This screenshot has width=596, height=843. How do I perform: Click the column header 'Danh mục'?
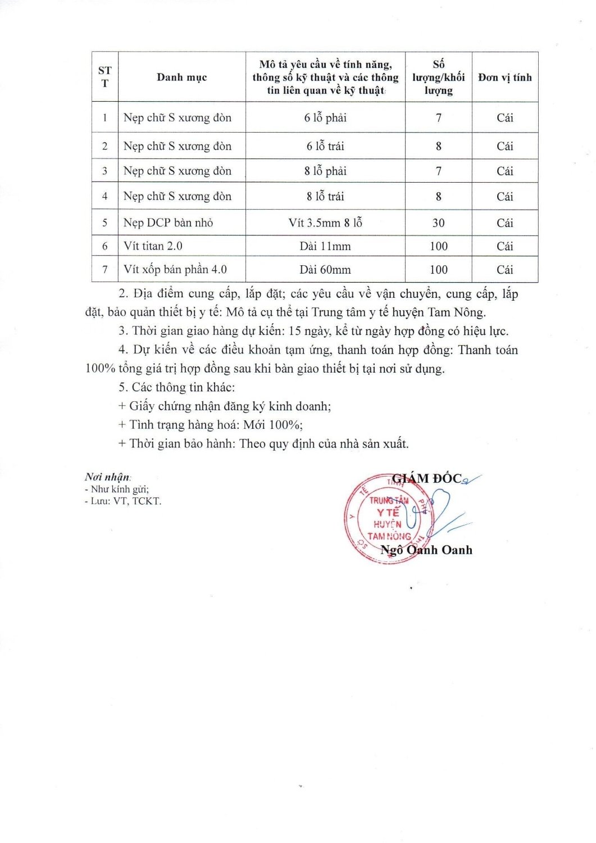click(x=181, y=78)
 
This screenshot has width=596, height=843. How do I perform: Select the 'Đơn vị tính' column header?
click(x=504, y=78)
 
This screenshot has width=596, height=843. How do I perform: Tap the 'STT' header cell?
click(x=104, y=77)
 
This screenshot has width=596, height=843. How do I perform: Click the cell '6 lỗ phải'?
click(x=325, y=117)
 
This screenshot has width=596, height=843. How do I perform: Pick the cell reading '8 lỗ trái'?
click(x=325, y=196)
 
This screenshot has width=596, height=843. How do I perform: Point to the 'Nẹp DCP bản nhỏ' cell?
click(x=168, y=223)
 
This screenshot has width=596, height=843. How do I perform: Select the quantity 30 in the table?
click(x=438, y=223)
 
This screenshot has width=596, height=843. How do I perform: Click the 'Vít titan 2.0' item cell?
click(x=153, y=246)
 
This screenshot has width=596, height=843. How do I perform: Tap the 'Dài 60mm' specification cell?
click(x=325, y=269)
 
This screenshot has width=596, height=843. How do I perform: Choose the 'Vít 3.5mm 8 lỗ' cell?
click(x=325, y=223)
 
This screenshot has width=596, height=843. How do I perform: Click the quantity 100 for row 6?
click(x=438, y=246)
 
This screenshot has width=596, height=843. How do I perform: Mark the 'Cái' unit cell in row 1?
click(x=504, y=117)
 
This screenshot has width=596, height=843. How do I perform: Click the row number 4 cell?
click(x=104, y=196)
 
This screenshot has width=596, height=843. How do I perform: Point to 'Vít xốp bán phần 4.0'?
click(x=175, y=269)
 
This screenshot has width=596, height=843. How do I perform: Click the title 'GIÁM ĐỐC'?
click(x=426, y=479)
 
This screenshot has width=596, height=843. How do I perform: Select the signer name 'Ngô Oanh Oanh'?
click(x=426, y=550)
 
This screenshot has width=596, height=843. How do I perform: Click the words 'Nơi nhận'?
click(x=107, y=477)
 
